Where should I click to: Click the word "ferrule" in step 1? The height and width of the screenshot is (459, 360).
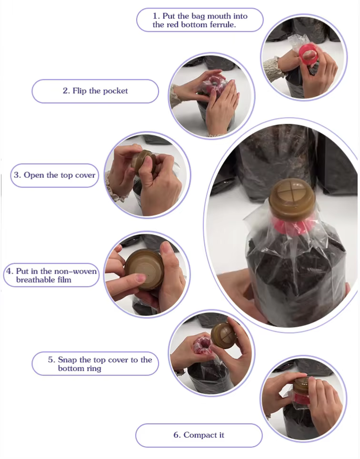tap(223, 24)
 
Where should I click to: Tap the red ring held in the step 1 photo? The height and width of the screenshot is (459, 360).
tap(308, 55)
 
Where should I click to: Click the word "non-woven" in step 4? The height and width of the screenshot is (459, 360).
tap(76, 271)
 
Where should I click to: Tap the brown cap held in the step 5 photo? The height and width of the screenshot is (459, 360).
tap(224, 335)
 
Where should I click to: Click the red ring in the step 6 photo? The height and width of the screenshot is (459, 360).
tap(301, 398)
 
